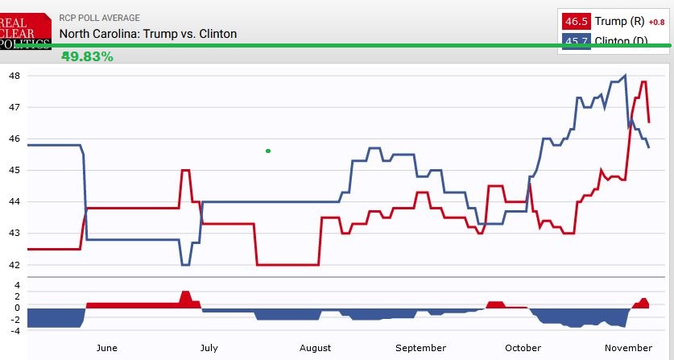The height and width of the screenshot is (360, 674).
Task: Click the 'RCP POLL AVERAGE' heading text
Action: click(99, 18)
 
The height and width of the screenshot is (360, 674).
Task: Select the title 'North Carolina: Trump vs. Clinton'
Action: click(148, 34)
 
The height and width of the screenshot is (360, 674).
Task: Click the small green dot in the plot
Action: click(268, 151)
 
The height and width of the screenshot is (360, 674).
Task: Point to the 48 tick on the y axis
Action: click(14, 76)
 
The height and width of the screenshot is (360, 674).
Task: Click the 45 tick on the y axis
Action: click(14, 170)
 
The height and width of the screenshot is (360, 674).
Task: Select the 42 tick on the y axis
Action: click(14, 264)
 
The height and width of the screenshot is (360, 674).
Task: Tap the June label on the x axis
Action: click(106, 348)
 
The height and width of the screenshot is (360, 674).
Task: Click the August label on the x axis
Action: click(315, 348)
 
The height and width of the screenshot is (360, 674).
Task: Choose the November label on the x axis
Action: click(628, 348)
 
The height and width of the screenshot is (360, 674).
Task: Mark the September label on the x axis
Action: click(421, 348)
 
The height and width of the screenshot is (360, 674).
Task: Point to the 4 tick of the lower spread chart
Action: click(16, 285)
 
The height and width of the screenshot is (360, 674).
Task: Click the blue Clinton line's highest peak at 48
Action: click(626, 76)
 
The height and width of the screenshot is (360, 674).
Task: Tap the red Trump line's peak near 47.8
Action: click(643, 82)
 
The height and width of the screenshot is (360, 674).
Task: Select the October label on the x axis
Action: click(523, 348)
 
